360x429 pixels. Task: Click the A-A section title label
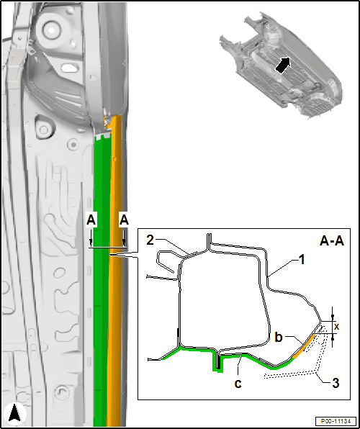[331, 242]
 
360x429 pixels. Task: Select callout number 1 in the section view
[301, 260]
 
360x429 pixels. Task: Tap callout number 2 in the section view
[150, 240]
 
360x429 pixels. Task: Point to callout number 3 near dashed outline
[335, 384]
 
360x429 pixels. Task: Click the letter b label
[279, 338]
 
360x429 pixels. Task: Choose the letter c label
[238, 384]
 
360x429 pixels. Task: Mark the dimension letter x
[337, 326]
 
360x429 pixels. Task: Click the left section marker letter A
[91, 220]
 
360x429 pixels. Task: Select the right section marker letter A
[124, 220]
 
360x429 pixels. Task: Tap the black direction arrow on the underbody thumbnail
[282, 66]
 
